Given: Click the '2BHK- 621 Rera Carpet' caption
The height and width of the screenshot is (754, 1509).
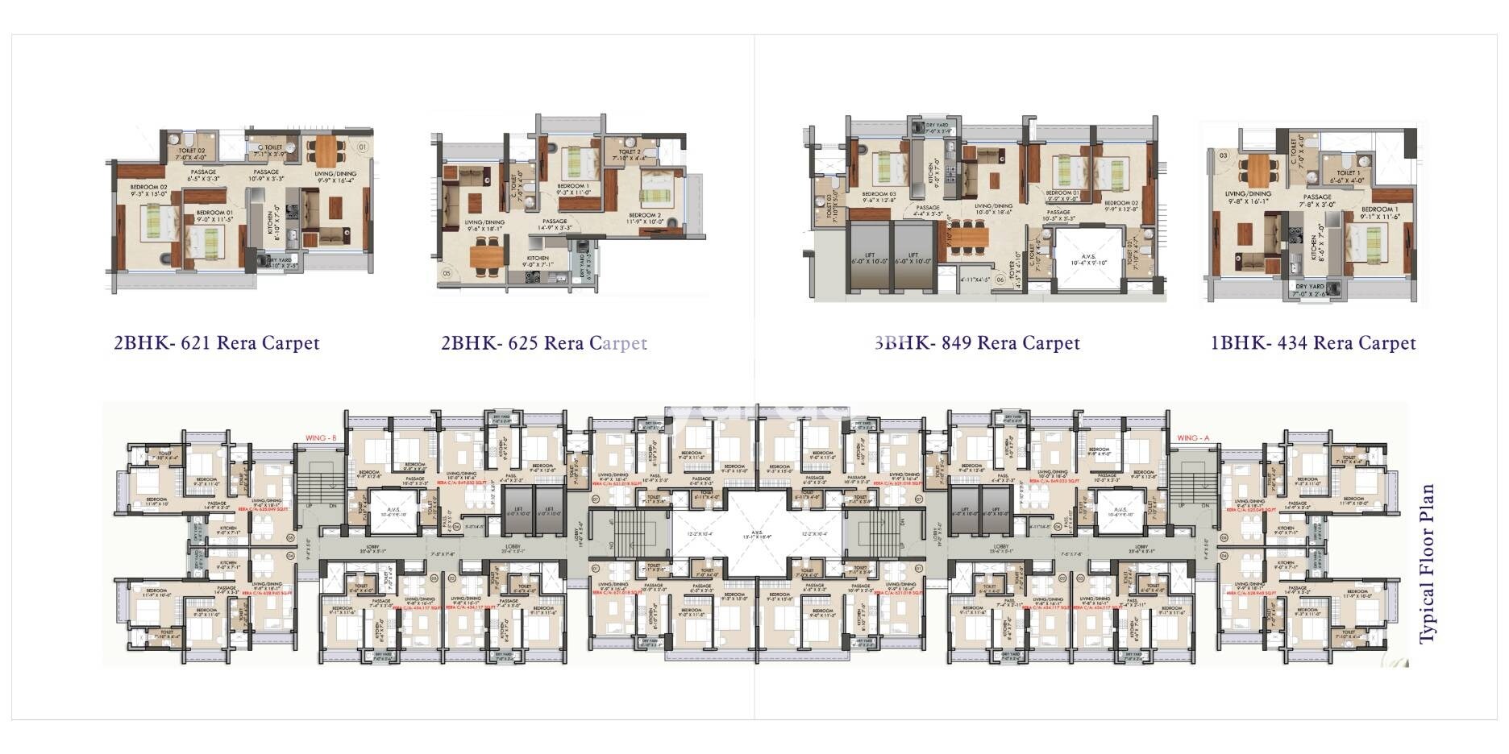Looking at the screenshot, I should [217, 343].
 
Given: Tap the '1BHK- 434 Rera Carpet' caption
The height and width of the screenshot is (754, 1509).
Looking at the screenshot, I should [1313, 343].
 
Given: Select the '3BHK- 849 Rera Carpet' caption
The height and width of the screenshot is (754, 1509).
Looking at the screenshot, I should [977, 343].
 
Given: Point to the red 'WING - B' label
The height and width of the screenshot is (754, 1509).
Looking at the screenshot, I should [320, 438].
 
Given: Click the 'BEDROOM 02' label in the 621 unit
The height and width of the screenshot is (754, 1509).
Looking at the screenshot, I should [148, 189].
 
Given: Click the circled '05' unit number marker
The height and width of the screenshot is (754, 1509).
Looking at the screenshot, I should [447, 274].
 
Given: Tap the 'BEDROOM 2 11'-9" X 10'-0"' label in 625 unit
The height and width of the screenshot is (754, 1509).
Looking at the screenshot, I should [645, 218].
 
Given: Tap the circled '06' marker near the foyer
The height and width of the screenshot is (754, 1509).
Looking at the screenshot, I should [1000, 280].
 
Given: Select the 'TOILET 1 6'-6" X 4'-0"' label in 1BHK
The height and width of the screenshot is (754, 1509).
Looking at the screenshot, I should [1348, 176].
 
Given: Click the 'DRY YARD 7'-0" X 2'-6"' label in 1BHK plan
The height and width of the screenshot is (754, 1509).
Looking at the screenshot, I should [1309, 290].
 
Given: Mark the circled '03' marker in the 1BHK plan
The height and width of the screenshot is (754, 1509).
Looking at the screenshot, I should [1224, 155].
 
